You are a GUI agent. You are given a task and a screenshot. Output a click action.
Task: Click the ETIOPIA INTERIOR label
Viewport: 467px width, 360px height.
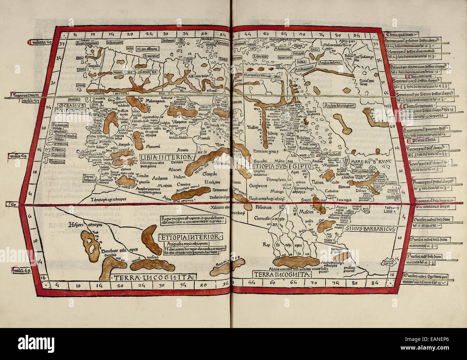[x=190, y=237]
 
